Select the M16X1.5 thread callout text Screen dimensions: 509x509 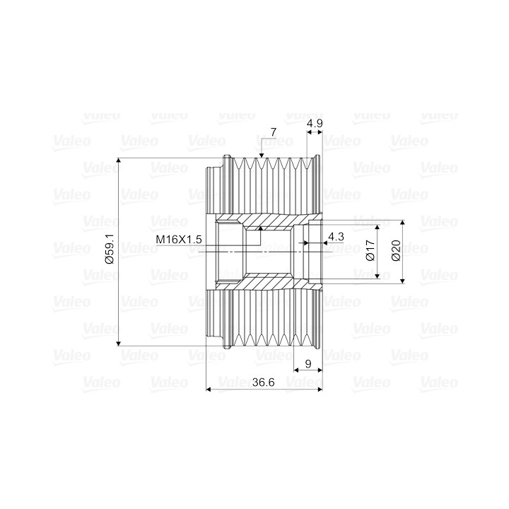[179, 240]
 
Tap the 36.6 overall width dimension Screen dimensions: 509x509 [263, 382]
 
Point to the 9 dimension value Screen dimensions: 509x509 [308, 364]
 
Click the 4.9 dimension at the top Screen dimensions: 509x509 [315, 123]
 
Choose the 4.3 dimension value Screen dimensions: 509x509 [336, 236]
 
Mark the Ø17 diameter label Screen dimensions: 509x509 [370, 250]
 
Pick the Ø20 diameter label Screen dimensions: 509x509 [396, 250]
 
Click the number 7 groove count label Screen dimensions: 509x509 [274, 132]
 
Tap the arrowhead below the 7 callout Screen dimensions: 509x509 [262, 155]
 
